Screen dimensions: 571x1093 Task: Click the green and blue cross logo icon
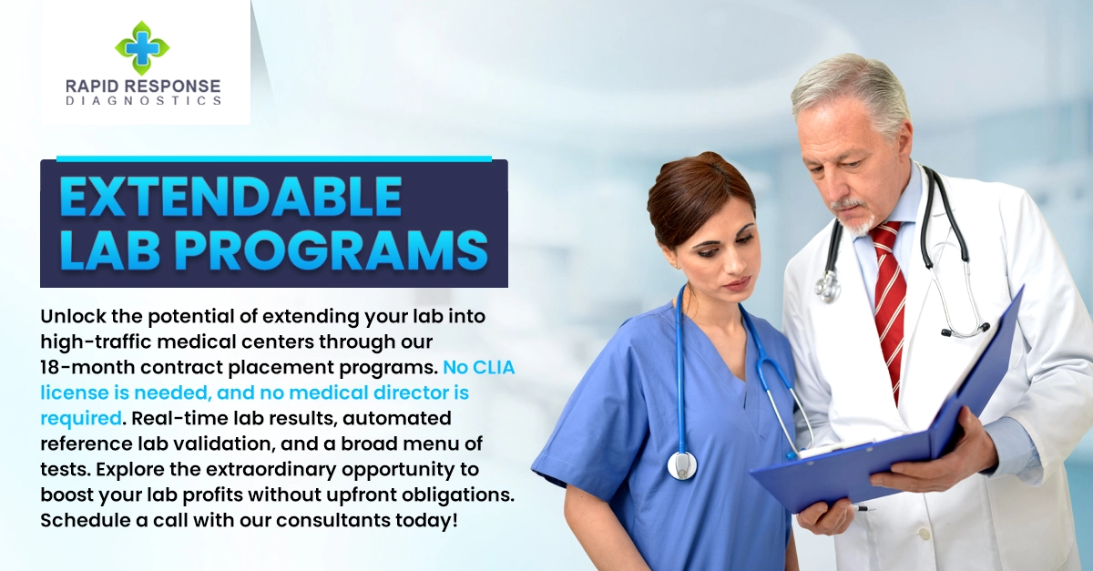[x=142, y=47]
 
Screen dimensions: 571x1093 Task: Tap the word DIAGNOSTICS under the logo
[x=143, y=101]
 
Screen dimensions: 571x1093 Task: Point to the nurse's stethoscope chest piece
[x=681, y=464]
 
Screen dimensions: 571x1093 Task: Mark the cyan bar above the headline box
[x=273, y=158]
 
